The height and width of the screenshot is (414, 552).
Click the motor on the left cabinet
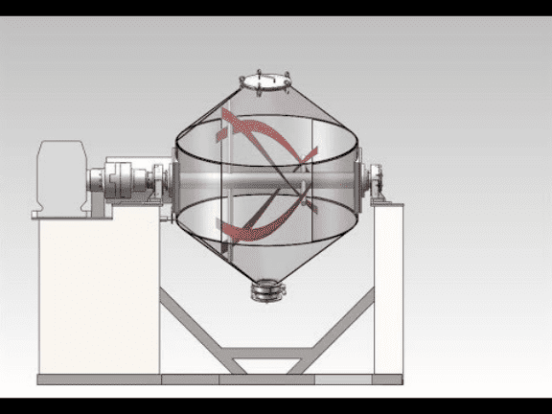(59, 177)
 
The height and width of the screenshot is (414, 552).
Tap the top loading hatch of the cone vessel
(264, 80)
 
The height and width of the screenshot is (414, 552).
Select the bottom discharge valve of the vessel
(269, 288)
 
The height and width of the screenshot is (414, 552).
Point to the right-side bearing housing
(377, 181)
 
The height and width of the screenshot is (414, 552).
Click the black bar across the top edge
(276, 8)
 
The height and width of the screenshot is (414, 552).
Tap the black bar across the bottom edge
(276, 405)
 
